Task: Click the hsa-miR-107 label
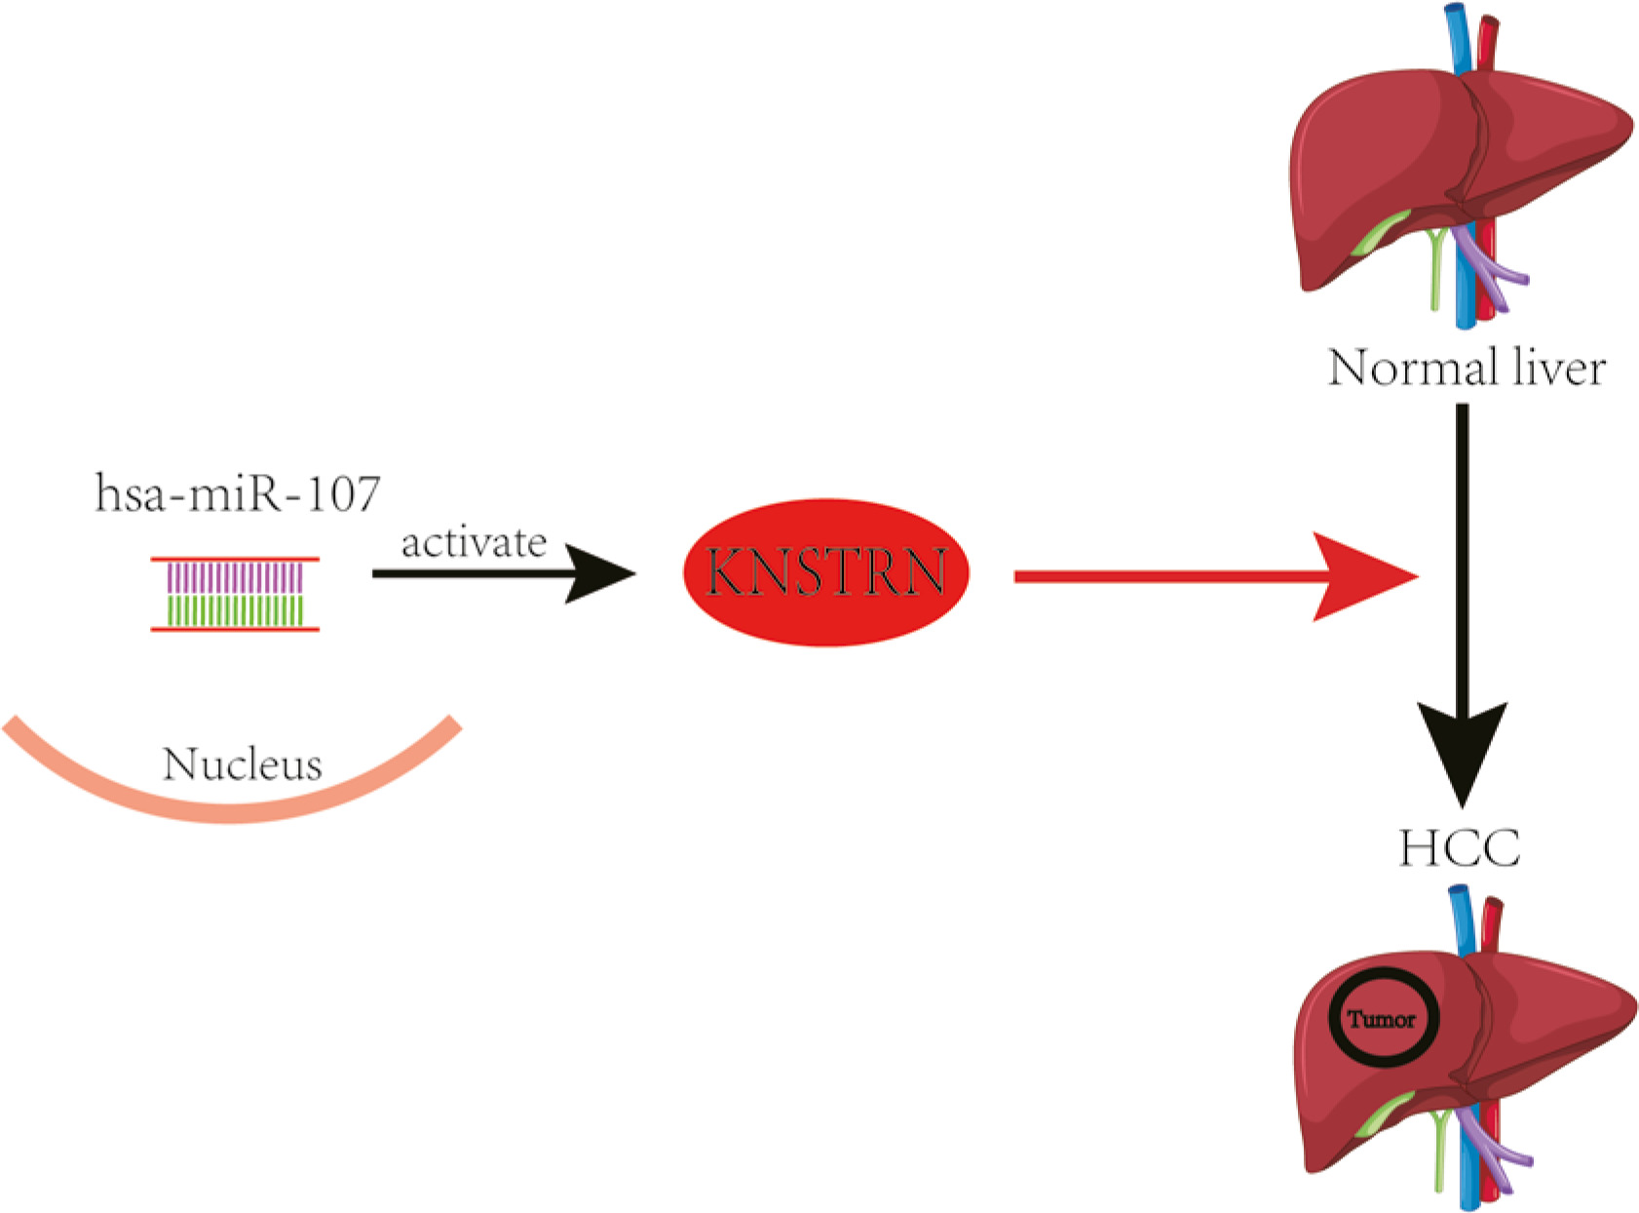tap(237, 493)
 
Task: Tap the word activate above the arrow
tap(474, 542)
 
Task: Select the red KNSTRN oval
tap(826, 572)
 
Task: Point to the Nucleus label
tap(242, 764)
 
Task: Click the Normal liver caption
tap(1467, 369)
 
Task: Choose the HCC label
tap(1460, 847)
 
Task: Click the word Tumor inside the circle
tap(1382, 1020)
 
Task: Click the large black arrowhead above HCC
tap(1462, 751)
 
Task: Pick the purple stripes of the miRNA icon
tap(234, 578)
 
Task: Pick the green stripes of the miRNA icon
tap(234, 610)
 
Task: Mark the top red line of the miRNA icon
tap(234, 560)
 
